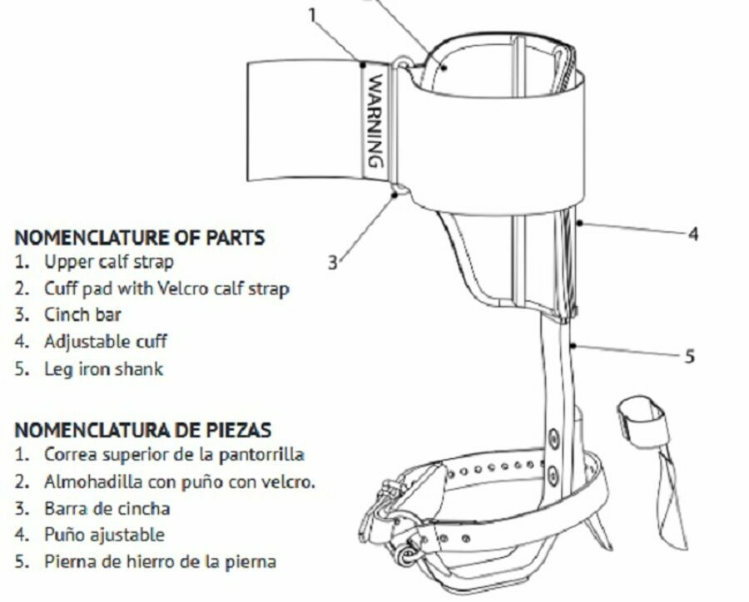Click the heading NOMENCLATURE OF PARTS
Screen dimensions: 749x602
(x=140, y=237)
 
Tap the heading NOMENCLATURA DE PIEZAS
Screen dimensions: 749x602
(x=143, y=430)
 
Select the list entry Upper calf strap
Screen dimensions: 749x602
(x=109, y=262)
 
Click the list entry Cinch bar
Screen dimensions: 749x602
(x=82, y=315)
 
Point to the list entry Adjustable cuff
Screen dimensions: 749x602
(x=106, y=342)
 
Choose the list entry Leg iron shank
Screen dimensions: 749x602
(x=104, y=369)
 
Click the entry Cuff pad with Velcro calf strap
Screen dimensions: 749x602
(x=166, y=289)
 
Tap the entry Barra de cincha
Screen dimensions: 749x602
(x=107, y=508)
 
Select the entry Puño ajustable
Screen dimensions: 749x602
(x=104, y=535)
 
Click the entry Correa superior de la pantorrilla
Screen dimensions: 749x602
(x=175, y=455)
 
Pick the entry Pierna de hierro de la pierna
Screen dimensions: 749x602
(x=160, y=561)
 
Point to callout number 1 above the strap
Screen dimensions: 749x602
(x=312, y=15)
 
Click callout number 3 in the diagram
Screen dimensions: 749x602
(x=333, y=262)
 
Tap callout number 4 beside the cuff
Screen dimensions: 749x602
(x=693, y=234)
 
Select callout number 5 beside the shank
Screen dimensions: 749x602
(x=689, y=356)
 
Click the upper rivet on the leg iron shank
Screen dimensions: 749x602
(x=553, y=438)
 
